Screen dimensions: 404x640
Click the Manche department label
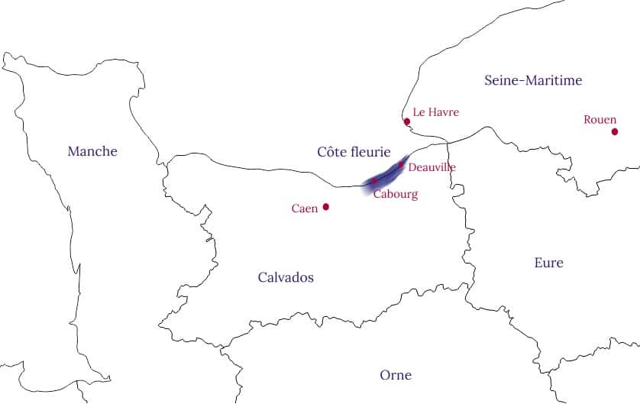tap(92, 151)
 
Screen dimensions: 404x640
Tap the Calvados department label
tap(286, 277)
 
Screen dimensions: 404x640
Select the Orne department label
tap(396, 375)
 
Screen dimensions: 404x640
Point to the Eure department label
tap(548, 263)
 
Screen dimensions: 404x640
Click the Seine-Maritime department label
tap(533, 80)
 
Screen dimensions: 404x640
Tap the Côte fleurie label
tap(354, 152)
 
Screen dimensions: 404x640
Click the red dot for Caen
tap(326, 206)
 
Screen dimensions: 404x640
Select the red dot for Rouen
tap(615, 131)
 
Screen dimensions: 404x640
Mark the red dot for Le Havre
tap(407, 121)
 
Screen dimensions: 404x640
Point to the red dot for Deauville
tap(401, 164)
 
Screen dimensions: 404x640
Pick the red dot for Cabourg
tap(374, 181)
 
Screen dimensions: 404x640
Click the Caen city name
tap(305, 208)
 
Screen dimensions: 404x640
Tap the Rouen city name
tap(600, 120)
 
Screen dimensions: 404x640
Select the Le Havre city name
tap(435, 112)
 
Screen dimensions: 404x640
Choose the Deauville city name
tap(432, 167)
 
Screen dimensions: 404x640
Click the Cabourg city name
tap(396, 195)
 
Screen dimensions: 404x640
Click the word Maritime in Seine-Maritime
tap(554, 80)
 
